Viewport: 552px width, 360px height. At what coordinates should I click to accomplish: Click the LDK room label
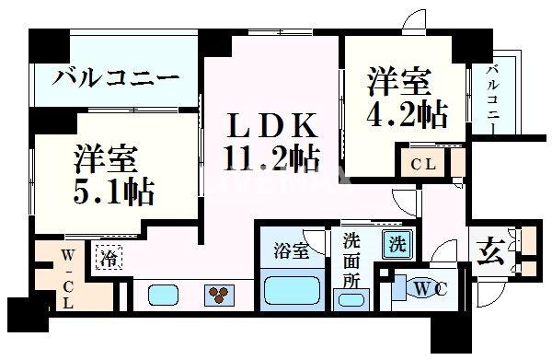[x=272, y=124]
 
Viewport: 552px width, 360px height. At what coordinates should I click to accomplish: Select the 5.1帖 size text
[x=114, y=192]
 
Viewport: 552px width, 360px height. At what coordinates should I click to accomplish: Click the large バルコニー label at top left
[x=115, y=77]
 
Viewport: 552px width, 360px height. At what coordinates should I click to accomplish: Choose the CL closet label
[x=423, y=166]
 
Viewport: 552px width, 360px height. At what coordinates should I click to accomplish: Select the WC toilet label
[x=426, y=289]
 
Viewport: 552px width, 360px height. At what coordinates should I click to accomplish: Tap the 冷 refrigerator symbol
[x=109, y=257]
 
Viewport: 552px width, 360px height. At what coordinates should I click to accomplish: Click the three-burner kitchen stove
[x=221, y=296]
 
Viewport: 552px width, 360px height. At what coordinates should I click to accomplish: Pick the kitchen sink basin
[x=163, y=296]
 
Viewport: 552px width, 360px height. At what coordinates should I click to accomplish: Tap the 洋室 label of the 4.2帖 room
[x=400, y=81]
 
